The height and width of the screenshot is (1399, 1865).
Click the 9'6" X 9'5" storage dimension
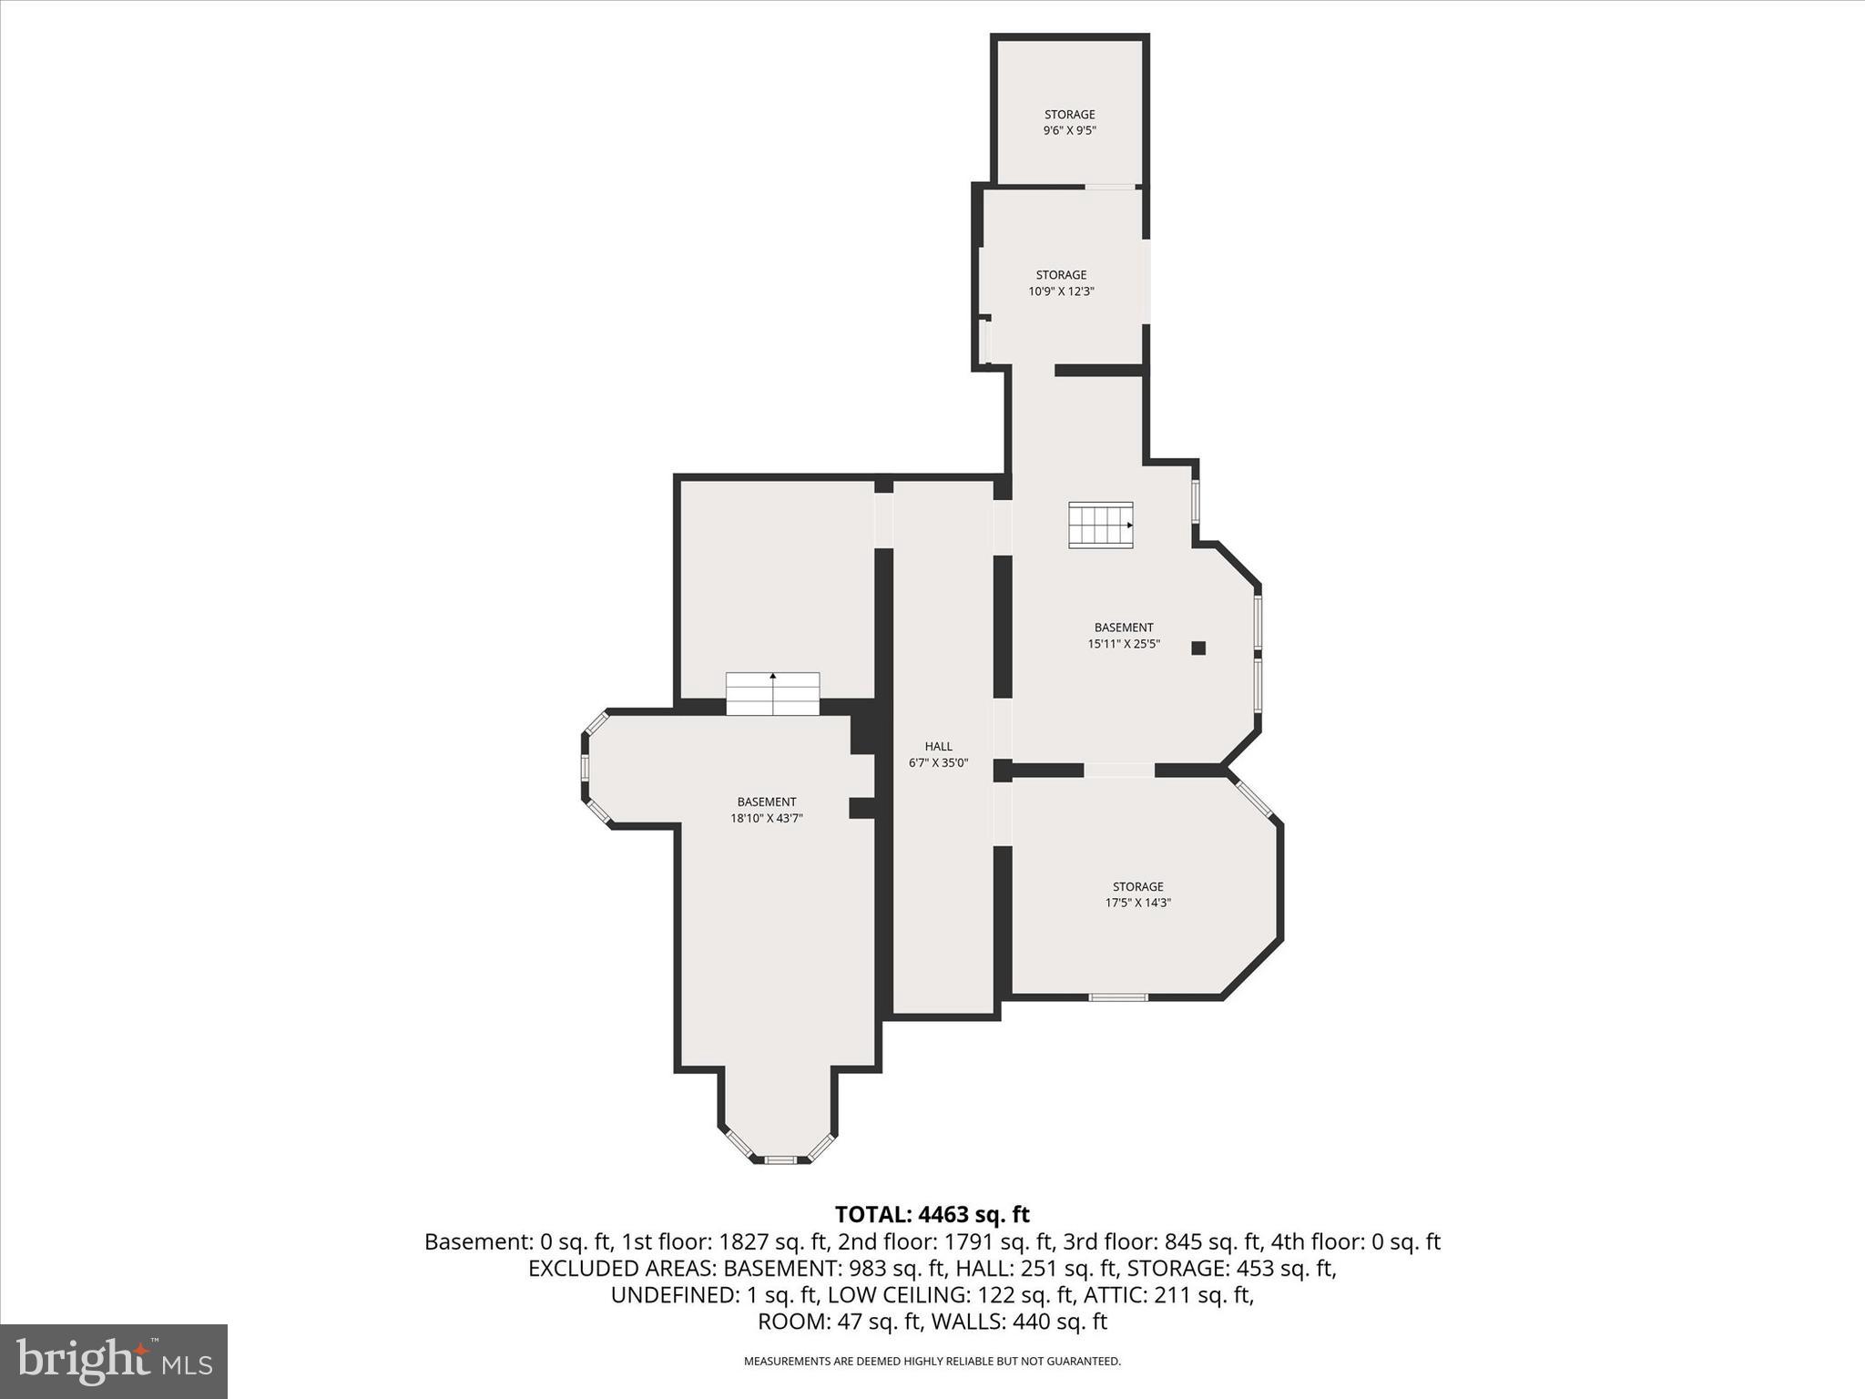[1069, 131]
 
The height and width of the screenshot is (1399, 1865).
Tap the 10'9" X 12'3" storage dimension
[1061, 292]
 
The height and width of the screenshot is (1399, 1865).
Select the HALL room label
[938, 747]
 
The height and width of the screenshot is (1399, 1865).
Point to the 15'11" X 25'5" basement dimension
[1124, 644]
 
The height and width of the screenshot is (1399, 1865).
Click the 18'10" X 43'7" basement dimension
[766, 819]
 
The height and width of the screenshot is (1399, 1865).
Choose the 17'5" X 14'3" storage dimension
[1137, 904]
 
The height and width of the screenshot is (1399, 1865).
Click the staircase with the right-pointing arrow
[1101, 525]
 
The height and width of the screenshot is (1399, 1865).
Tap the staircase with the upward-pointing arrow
[772, 693]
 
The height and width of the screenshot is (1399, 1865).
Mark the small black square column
[1198, 648]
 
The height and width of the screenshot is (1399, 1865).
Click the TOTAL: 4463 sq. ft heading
[932, 1214]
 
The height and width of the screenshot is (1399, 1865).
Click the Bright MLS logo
[114, 1361]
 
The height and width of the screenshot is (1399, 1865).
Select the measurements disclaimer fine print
[932, 1362]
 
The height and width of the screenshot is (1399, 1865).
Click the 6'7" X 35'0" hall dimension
[938, 763]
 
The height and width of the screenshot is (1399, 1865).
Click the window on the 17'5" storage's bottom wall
[1118, 997]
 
